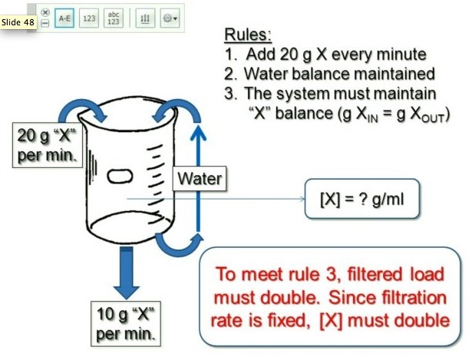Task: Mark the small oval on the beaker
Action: coord(125,175)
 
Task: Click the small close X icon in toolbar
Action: coord(45,12)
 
